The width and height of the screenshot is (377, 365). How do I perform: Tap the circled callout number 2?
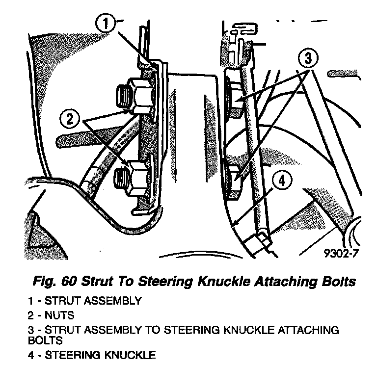pos(70,117)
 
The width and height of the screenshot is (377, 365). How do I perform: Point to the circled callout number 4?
pos(281,182)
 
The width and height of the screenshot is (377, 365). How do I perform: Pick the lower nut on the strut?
pos(138,177)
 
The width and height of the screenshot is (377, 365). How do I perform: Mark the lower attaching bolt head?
pos(234,177)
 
